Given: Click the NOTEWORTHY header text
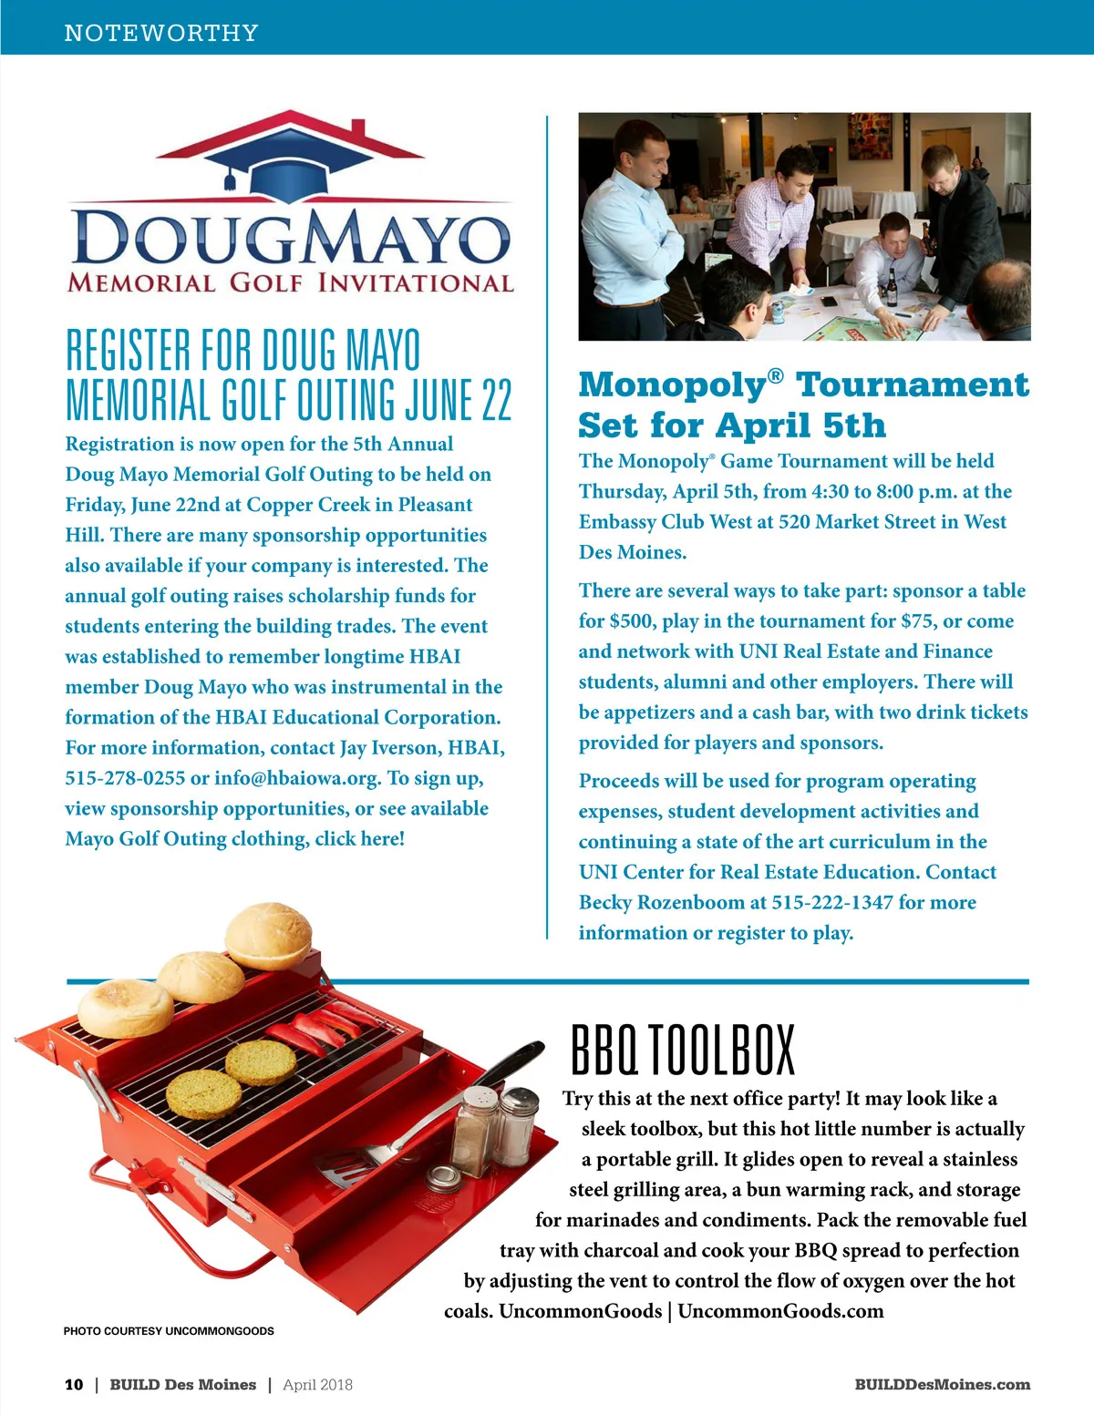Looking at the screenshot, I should coord(161,33).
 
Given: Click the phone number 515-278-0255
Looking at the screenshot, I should coord(125,778).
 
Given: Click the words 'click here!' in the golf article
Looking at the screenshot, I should coord(359,839).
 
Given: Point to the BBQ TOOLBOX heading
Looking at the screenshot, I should coord(682,1049).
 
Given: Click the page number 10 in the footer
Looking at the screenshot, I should coord(73,1384).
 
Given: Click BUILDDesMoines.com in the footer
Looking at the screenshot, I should coord(942,1384).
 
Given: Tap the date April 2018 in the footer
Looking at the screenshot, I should coord(317,1384).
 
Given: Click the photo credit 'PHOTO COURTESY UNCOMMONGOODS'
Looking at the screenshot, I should coord(169,1331).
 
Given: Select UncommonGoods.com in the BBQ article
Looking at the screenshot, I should coord(780,1311).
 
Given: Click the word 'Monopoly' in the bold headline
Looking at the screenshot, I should coord(673,385).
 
